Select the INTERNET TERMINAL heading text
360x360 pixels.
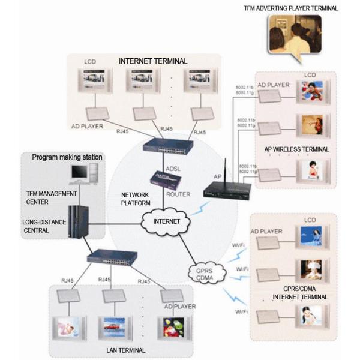point(154,61)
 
